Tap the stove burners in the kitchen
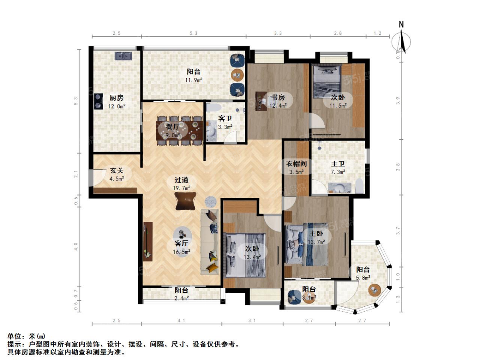pos(98,101)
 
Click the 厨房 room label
pos(116,97)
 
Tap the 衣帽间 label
pos(296,164)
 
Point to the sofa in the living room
pos(210,242)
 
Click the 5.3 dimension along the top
pos(193,33)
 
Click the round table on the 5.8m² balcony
pos(375,289)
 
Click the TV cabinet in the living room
pos(148,242)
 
